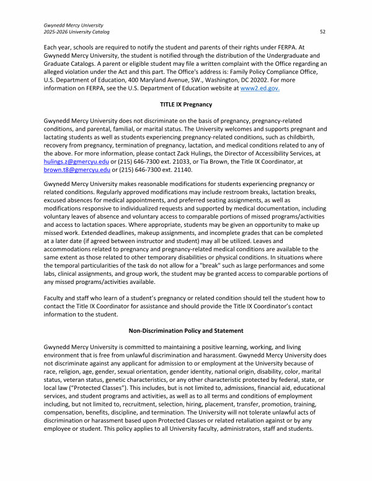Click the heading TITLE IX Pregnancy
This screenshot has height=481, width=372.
coord(185,104)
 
